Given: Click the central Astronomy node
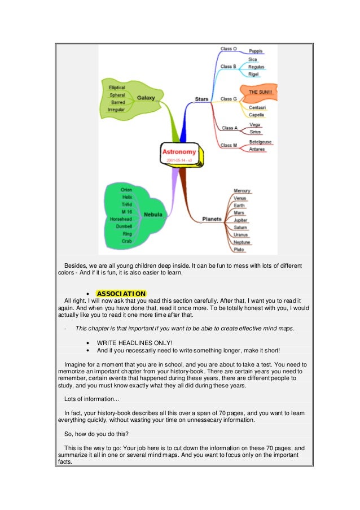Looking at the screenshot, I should (179, 152).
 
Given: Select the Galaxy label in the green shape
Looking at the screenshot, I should (146, 97).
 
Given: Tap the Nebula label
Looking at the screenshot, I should (152, 215).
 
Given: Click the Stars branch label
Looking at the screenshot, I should (201, 99).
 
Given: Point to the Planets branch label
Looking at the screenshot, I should (212, 218).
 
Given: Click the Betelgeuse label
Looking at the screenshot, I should (260, 142).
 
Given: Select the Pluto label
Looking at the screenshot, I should (240, 249).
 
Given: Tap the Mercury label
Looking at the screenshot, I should (242, 191).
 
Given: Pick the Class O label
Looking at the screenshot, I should (228, 49).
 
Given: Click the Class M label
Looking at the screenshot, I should (229, 145).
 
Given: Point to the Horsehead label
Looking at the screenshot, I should (121, 219).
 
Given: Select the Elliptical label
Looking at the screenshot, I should (117, 88).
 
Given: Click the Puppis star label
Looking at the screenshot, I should (256, 51).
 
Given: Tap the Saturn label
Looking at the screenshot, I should (240, 227).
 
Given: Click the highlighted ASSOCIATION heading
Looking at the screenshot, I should (121, 294).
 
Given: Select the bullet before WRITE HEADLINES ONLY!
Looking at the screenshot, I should (89, 342).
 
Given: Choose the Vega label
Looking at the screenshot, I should (254, 125).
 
